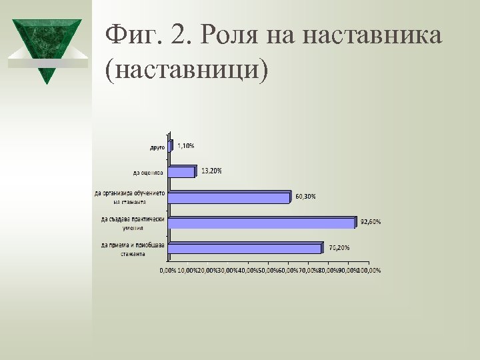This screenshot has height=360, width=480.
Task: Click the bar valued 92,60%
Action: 261,223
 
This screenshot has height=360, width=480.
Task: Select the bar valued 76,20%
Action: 245,248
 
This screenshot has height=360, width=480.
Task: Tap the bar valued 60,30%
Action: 229,197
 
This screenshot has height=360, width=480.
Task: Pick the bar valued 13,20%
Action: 181,172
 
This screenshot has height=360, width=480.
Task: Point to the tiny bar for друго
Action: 171,146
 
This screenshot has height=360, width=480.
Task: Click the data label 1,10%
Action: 186,145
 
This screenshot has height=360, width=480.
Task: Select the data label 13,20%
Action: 211,171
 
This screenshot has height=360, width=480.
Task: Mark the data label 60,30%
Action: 305,196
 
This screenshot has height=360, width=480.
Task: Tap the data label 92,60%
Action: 370,221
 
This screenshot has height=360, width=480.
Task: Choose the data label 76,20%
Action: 339,247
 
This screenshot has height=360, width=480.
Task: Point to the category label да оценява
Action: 147,173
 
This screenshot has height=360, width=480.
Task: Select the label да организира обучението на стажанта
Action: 129,197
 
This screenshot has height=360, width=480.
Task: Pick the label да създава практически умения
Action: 133,223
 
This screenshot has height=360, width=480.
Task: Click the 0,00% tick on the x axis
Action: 167,270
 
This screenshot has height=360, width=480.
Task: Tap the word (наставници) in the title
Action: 185,70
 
